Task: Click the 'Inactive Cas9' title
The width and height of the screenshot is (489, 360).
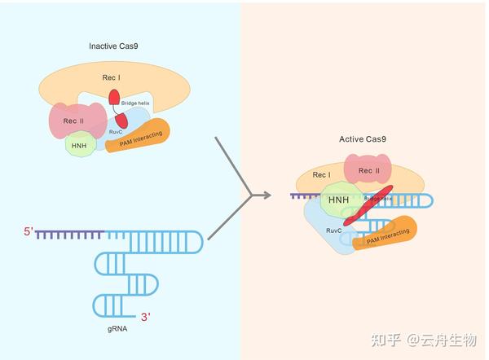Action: (114, 46)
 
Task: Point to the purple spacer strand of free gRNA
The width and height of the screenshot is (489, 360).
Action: (68, 235)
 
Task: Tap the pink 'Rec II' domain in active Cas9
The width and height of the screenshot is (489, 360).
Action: (368, 171)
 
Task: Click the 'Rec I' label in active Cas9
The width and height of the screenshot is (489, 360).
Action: (322, 175)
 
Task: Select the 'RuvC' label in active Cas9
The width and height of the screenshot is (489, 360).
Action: (333, 230)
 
